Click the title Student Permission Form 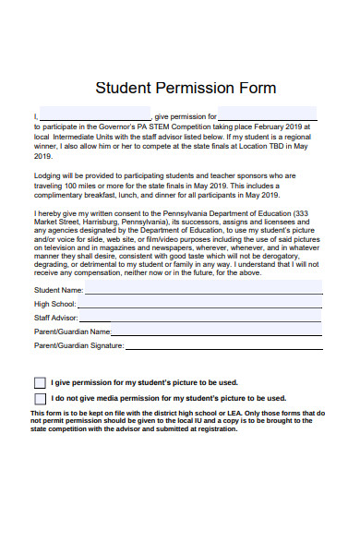[186, 88]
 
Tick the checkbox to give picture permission [40, 382]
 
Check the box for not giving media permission [40, 398]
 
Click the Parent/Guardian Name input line [217, 331]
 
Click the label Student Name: [58, 290]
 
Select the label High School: [54, 304]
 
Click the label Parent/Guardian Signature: [78, 345]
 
